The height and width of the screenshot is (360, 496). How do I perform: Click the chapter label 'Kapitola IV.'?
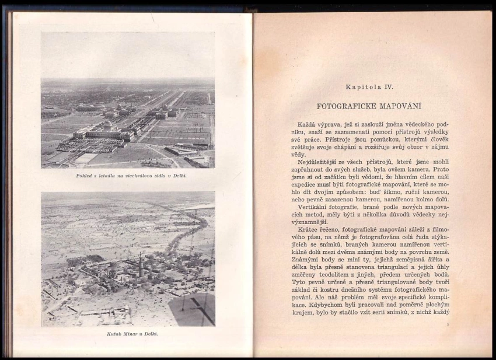click(x=369, y=87)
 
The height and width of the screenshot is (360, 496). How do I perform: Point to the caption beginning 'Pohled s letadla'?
click(x=127, y=175)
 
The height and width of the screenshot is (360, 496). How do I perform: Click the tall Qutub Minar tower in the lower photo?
click(x=140, y=265)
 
